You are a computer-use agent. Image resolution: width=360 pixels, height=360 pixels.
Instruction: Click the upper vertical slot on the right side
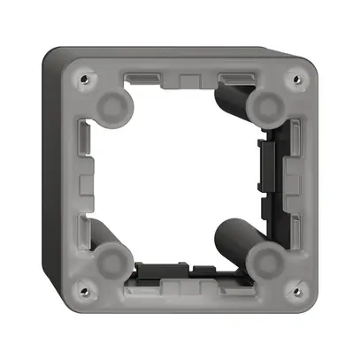point(295,140)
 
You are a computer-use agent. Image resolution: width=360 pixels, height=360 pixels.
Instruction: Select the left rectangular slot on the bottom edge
point(145,283)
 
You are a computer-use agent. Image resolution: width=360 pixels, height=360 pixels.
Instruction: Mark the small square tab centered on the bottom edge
point(188,285)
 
